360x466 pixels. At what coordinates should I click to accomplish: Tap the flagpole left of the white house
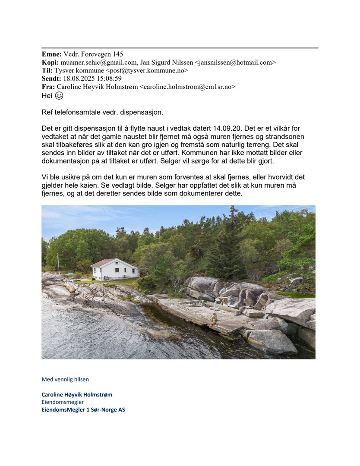tap(58, 264)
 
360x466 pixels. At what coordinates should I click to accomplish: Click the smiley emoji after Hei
tap(59, 96)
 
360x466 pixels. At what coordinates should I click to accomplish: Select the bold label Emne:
tap(51, 54)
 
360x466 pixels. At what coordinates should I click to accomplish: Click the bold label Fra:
tap(48, 87)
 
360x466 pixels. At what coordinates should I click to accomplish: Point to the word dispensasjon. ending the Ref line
tap(143, 113)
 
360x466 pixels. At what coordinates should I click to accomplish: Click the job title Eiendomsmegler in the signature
tap(63, 402)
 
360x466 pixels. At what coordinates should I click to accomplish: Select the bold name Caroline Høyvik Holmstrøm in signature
tap(77, 394)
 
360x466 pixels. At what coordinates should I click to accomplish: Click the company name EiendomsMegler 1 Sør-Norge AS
tap(83, 410)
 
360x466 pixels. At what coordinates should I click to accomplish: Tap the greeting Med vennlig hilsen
tap(65, 379)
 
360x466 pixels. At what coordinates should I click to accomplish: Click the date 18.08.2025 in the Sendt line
tap(78, 79)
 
